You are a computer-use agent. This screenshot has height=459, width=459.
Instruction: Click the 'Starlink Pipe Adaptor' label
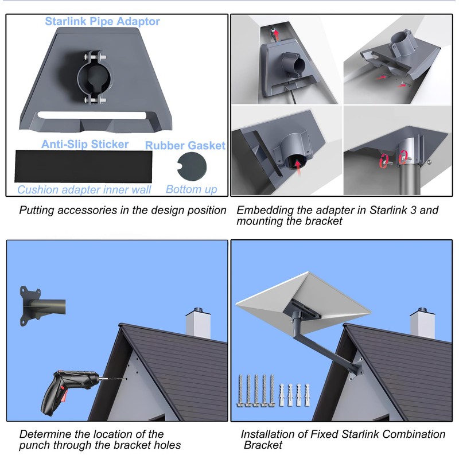tap(102, 22)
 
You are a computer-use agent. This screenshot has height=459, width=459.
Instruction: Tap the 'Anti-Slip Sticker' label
tap(84, 144)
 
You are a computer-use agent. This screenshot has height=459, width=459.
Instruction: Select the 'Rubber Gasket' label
tap(185, 145)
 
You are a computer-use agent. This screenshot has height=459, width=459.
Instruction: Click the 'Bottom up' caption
tap(191, 189)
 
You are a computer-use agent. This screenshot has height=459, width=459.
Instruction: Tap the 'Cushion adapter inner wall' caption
tap(84, 190)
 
